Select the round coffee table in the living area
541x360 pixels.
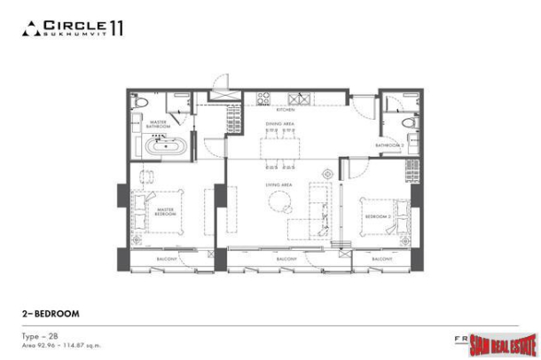[285, 205]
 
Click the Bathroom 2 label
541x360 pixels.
[389, 145]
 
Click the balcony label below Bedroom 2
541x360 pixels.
[381, 258]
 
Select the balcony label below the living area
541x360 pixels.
[286, 258]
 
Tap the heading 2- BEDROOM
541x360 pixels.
[51, 314]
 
